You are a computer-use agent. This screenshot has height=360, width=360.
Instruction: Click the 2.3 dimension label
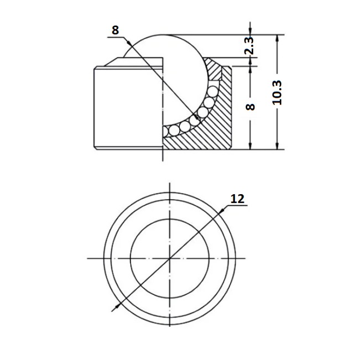pyautogui.click(x=249, y=45)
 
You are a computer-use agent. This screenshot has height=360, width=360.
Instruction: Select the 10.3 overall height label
pyautogui.click(x=277, y=92)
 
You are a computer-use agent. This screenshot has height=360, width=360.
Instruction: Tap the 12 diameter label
pyautogui.click(x=237, y=199)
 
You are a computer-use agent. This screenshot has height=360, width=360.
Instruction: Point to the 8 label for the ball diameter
pyautogui.click(x=116, y=30)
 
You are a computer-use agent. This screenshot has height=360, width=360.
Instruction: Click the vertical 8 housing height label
pyautogui.click(x=250, y=107)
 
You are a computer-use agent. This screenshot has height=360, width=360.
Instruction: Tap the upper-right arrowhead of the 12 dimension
pyautogui.click(x=222, y=211)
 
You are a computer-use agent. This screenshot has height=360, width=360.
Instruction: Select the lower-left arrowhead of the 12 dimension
pyautogui.click(x=117, y=306)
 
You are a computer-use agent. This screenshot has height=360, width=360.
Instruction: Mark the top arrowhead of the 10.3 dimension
pyautogui.click(x=277, y=38)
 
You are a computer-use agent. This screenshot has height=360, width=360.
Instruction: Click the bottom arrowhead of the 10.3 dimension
pyautogui.click(x=277, y=146)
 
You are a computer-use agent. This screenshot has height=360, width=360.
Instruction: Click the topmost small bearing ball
pyautogui.click(x=213, y=91)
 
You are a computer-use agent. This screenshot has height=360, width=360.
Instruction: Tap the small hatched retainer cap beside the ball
pyautogui.click(x=213, y=69)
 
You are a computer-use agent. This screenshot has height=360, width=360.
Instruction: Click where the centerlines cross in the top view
pyautogui.click(x=169, y=258)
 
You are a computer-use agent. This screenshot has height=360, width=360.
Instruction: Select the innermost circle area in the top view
pyautogui.click(x=169, y=258)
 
